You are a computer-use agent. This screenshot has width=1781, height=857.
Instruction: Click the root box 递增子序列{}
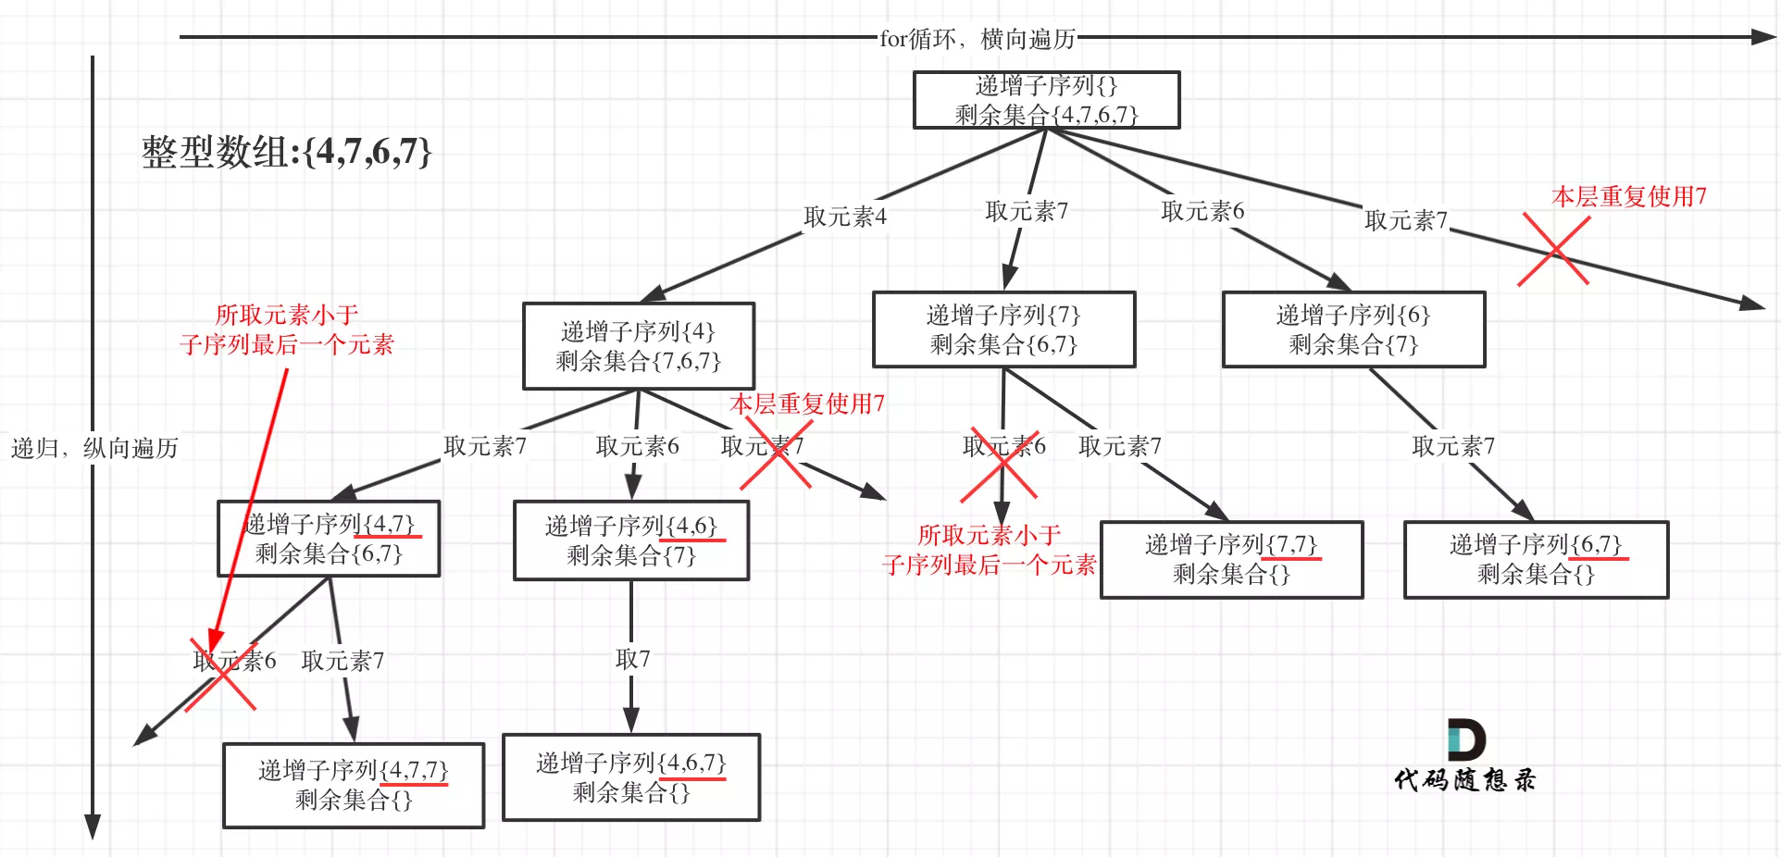pyautogui.click(x=1046, y=100)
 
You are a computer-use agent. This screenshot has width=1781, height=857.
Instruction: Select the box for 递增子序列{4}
pyautogui.click(x=638, y=346)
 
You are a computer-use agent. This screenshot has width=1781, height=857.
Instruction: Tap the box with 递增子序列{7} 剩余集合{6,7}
pyautogui.click(x=1003, y=329)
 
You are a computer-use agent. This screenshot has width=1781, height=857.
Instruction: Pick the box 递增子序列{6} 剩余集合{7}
pyautogui.click(x=1353, y=329)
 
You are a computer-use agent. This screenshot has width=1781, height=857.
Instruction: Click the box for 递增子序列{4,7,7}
pyautogui.click(x=353, y=785)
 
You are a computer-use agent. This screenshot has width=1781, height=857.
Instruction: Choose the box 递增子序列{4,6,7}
pyautogui.click(x=630, y=777)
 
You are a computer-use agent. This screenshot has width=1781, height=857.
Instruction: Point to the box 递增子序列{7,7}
pyautogui.click(x=1231, y=559)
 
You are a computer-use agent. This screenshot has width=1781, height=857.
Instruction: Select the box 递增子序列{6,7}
pyautogui.click(x=1536, y=559)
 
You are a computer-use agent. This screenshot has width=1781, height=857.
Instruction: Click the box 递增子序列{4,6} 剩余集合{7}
pyautogui.click(x=630, y=540)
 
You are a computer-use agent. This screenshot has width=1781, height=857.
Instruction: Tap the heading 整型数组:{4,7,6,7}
pyautogui.click(x=286, y=152)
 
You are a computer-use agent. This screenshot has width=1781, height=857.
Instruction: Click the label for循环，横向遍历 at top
pyautogui.click(x=977, y=39)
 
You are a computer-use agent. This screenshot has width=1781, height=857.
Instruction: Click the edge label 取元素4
pyautogui.click(x=844, y=217)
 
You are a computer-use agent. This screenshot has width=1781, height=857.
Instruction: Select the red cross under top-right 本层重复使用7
pyautogui.click(x=1554, y=250)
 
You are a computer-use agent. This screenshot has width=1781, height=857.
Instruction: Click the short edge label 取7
pyautogui.click(x=632, y=659)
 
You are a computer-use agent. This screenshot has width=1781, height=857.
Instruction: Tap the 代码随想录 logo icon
pyautogui.click(x=1466, y=740)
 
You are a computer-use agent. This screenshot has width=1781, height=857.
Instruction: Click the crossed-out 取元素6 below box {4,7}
pyautogui.click(x=234, y=661)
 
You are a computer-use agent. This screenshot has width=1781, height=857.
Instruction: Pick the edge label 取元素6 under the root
pyautogui.click(x=1202, y=212)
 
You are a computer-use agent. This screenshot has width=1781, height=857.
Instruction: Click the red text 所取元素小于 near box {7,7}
pyautogui.click(x=988, y=535)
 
